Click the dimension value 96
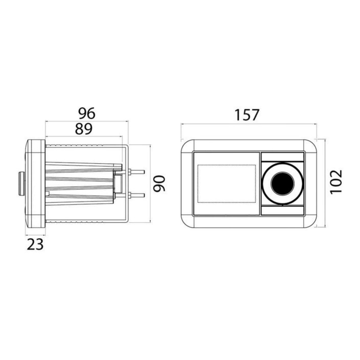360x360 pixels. click(x=86, y=113)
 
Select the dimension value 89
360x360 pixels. click(x=83, y=129)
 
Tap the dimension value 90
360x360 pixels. click(x=160, y=184)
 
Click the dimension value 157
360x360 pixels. click(x=247, y=115)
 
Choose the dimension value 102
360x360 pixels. click(x=336, y=182)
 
